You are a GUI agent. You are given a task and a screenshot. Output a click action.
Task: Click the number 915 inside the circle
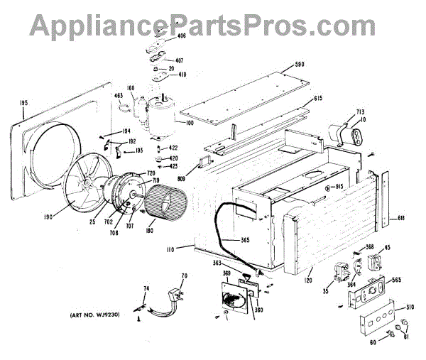[332, 187]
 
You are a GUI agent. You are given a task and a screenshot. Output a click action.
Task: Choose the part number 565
[395, 280]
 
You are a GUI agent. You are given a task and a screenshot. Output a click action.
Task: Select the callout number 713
[359, 113]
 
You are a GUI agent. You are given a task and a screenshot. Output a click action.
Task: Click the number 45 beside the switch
[387, 249]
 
